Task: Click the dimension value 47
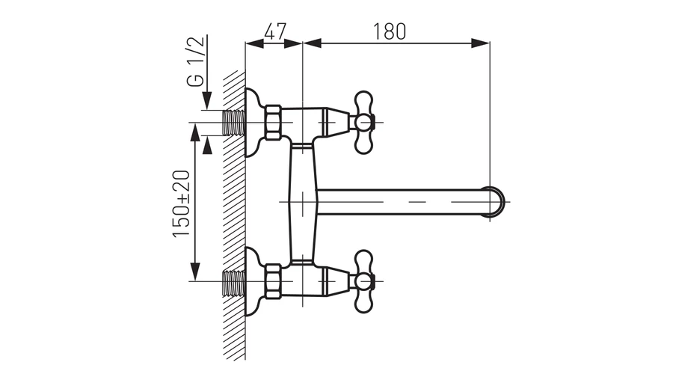point(274,31)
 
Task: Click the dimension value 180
point(389,31)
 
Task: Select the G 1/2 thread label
point(195,61)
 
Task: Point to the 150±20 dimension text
point(181,203)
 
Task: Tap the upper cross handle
point(364,123)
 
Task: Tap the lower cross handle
point(364,281)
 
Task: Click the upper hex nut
point(272,123)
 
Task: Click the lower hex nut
point(272,281)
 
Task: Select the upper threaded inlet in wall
point(234,123)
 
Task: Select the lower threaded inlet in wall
point(234,283)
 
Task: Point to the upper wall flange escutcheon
point(254,123)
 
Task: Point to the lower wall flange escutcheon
point(254,281)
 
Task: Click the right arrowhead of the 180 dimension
point(480,43)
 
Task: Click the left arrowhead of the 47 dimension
point(254,43)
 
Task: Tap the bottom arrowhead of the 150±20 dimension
point(195,272)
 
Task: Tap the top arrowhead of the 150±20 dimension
point(195,132)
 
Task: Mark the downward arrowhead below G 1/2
point(207,100)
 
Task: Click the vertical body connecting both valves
point(302,202)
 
